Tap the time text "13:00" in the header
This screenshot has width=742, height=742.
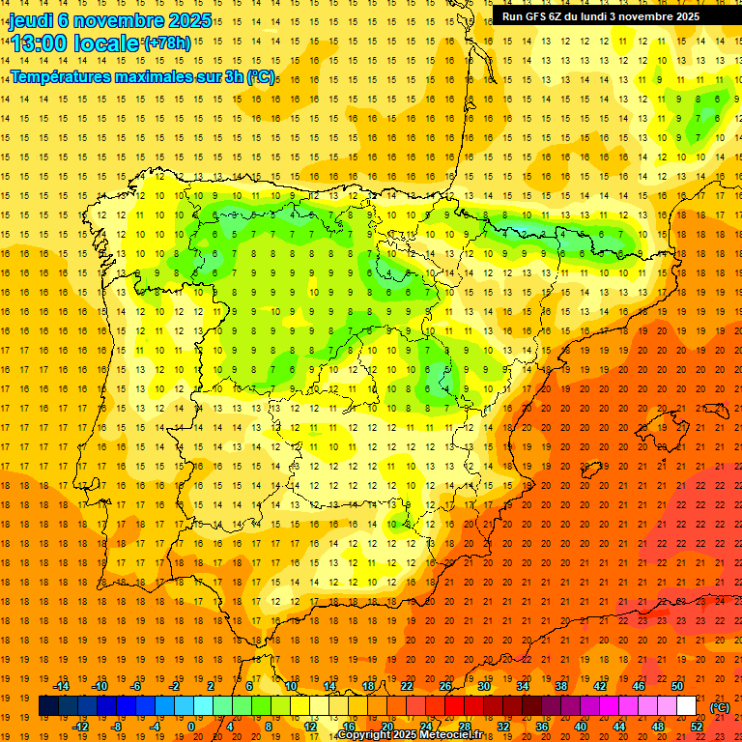[x=42, y=43]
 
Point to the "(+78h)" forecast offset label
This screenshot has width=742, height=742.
[x=166, y=43]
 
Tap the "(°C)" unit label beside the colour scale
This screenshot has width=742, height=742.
[x=720, y=706]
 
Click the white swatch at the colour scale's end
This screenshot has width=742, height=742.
[x=686, y=706]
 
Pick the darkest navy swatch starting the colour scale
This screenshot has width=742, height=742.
[x=48, y=706]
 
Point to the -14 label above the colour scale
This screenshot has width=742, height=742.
[x=62, y=686]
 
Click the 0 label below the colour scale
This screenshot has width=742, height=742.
[x=191, y=727]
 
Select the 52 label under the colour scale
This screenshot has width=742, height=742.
[x=697, y=727]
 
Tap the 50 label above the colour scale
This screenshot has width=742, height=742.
[x=678, y=686]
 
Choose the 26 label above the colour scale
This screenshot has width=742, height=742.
[x=445, y=686]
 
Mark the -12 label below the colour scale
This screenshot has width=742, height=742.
[x=80, y=727]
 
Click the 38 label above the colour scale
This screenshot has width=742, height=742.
[x=561, y=686]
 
